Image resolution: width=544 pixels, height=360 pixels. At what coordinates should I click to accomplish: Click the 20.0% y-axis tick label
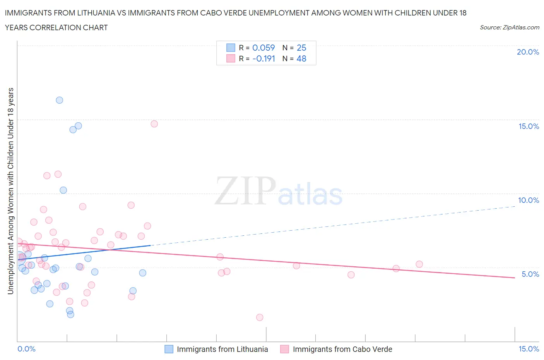528,52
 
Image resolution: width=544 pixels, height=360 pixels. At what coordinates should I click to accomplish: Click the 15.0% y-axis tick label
529,126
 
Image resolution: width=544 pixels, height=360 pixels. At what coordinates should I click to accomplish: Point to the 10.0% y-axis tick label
529,200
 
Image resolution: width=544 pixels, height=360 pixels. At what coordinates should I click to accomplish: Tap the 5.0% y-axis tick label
530,274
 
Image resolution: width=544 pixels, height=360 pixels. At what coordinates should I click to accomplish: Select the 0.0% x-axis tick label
27,349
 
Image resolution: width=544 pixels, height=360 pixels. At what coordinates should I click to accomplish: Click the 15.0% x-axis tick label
529,349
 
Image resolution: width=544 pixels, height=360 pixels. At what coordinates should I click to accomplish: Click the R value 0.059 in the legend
263,48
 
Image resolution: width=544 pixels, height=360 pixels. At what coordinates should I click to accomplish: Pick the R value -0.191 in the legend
263,58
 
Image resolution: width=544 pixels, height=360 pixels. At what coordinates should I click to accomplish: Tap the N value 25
301,48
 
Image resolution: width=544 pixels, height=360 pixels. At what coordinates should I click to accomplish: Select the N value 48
301,58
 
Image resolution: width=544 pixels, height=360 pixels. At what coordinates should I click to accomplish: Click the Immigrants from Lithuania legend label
222,349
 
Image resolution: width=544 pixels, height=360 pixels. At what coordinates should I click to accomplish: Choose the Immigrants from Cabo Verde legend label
342,349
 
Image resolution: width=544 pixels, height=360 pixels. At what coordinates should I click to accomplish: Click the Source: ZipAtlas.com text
509,27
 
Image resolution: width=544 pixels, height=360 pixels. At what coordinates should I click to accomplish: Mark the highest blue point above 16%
59,100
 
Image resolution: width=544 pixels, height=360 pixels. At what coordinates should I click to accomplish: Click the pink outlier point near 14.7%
154,124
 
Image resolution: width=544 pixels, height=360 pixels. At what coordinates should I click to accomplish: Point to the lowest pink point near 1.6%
260,317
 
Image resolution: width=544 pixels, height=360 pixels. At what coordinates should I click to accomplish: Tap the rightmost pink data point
419,264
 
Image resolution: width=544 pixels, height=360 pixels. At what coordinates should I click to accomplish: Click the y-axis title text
11,191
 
